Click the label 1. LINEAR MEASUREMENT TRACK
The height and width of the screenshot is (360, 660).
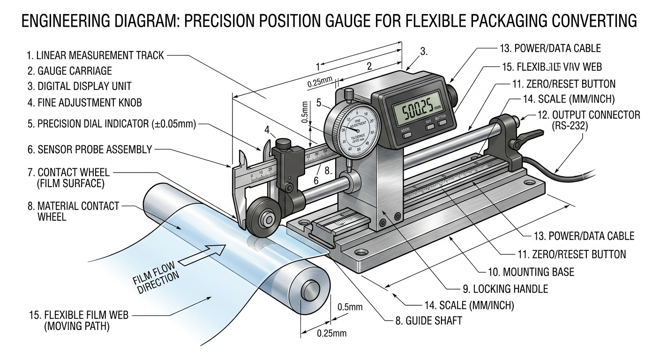coord(95,55)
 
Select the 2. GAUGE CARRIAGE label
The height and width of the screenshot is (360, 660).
coord(69,71)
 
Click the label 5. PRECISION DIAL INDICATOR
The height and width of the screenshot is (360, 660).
coord(111,124)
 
